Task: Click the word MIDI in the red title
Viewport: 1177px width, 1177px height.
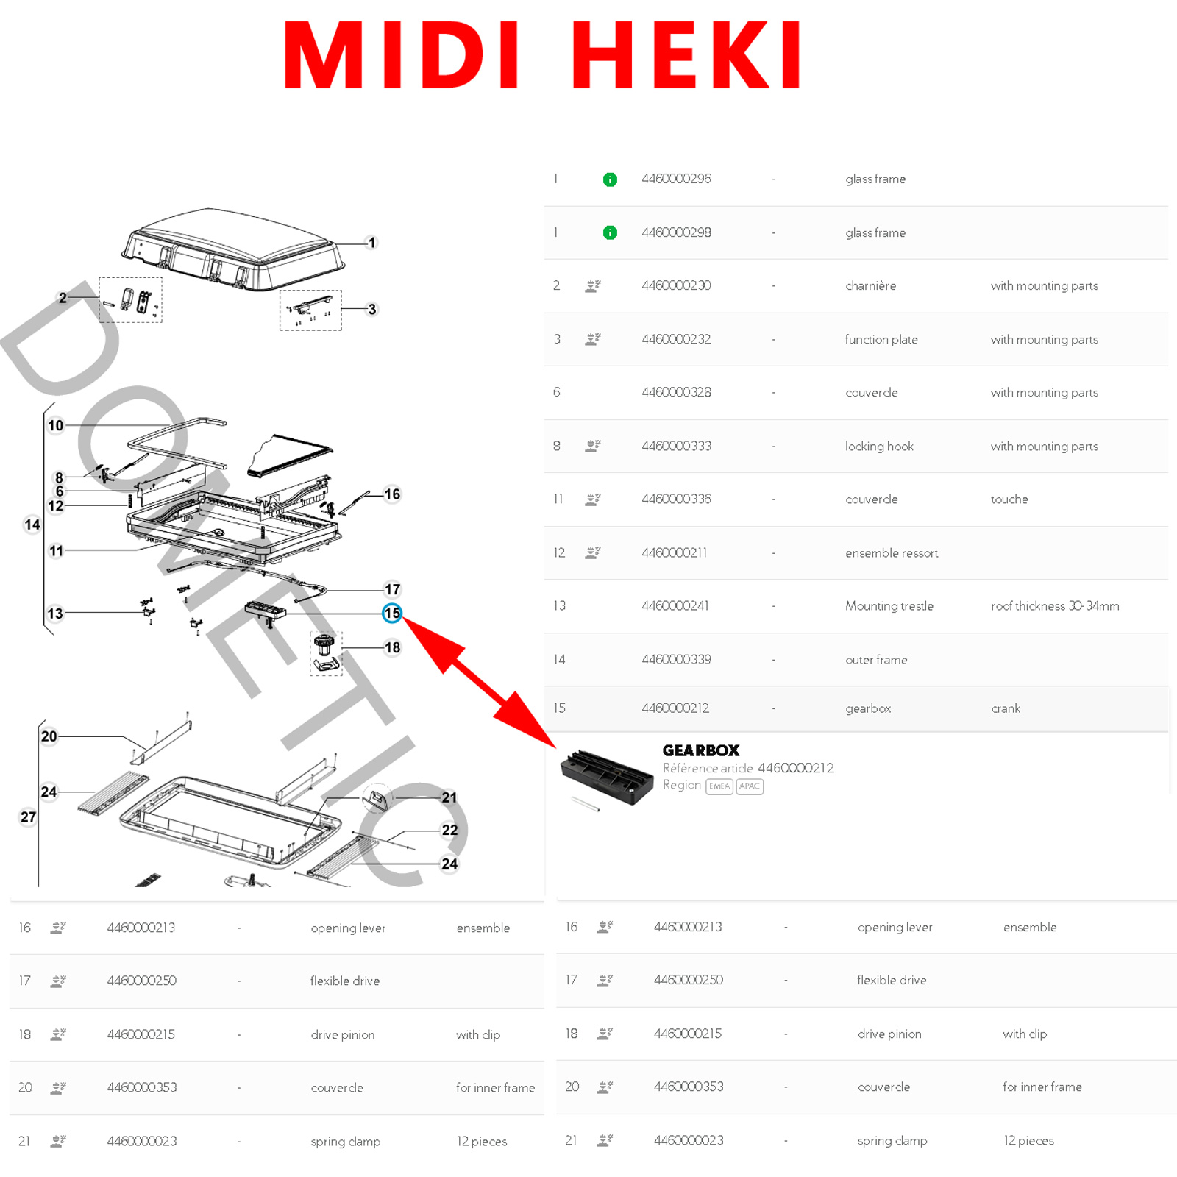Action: pos(402,54)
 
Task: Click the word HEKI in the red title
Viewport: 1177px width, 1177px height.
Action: pos(686,54)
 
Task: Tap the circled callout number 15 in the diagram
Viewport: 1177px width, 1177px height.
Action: pos(392,613)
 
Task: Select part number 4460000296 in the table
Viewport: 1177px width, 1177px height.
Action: pos(676,179)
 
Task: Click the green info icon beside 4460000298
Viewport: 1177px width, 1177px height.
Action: pos(610,232)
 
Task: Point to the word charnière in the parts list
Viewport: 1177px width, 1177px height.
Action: pos(870,285)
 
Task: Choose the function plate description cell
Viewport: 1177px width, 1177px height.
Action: pos(881,339)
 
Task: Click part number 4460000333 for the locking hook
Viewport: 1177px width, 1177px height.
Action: pos(676,446)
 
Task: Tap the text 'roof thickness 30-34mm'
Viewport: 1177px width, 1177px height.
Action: pos(1055,605)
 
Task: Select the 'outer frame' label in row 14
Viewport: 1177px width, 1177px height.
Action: pos(876,660)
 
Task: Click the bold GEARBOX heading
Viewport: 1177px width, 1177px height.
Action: pos(701,750)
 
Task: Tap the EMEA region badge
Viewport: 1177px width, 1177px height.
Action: pos(719,786)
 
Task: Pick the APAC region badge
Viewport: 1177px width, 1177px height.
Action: pos(750,786)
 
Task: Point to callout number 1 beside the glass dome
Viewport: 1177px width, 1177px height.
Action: pos(372,243)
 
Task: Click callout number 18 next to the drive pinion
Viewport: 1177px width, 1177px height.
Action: pos(393,647)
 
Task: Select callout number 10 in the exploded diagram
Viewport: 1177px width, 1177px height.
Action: pos(56,425)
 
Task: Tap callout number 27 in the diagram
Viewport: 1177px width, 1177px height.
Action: pos(28,817)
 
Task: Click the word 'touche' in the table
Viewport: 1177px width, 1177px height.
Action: pos(1009,499)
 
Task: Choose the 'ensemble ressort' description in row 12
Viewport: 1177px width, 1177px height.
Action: pos(892,552)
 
